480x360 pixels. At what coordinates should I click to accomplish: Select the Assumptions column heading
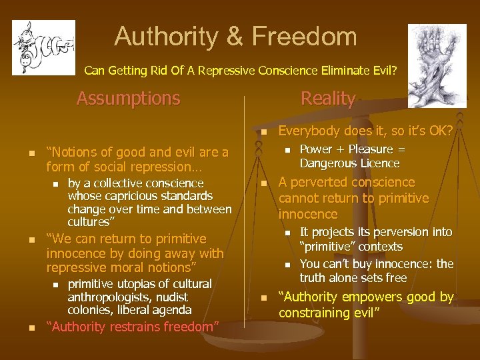(x=128, y=99)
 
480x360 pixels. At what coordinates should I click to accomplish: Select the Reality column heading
(x=328, y=99)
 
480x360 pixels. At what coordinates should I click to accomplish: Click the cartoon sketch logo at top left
(x=43, y=47)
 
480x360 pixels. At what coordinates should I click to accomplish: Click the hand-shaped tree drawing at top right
(x=437, y=65)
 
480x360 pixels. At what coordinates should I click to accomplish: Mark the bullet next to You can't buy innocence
(x=287, y=265)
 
